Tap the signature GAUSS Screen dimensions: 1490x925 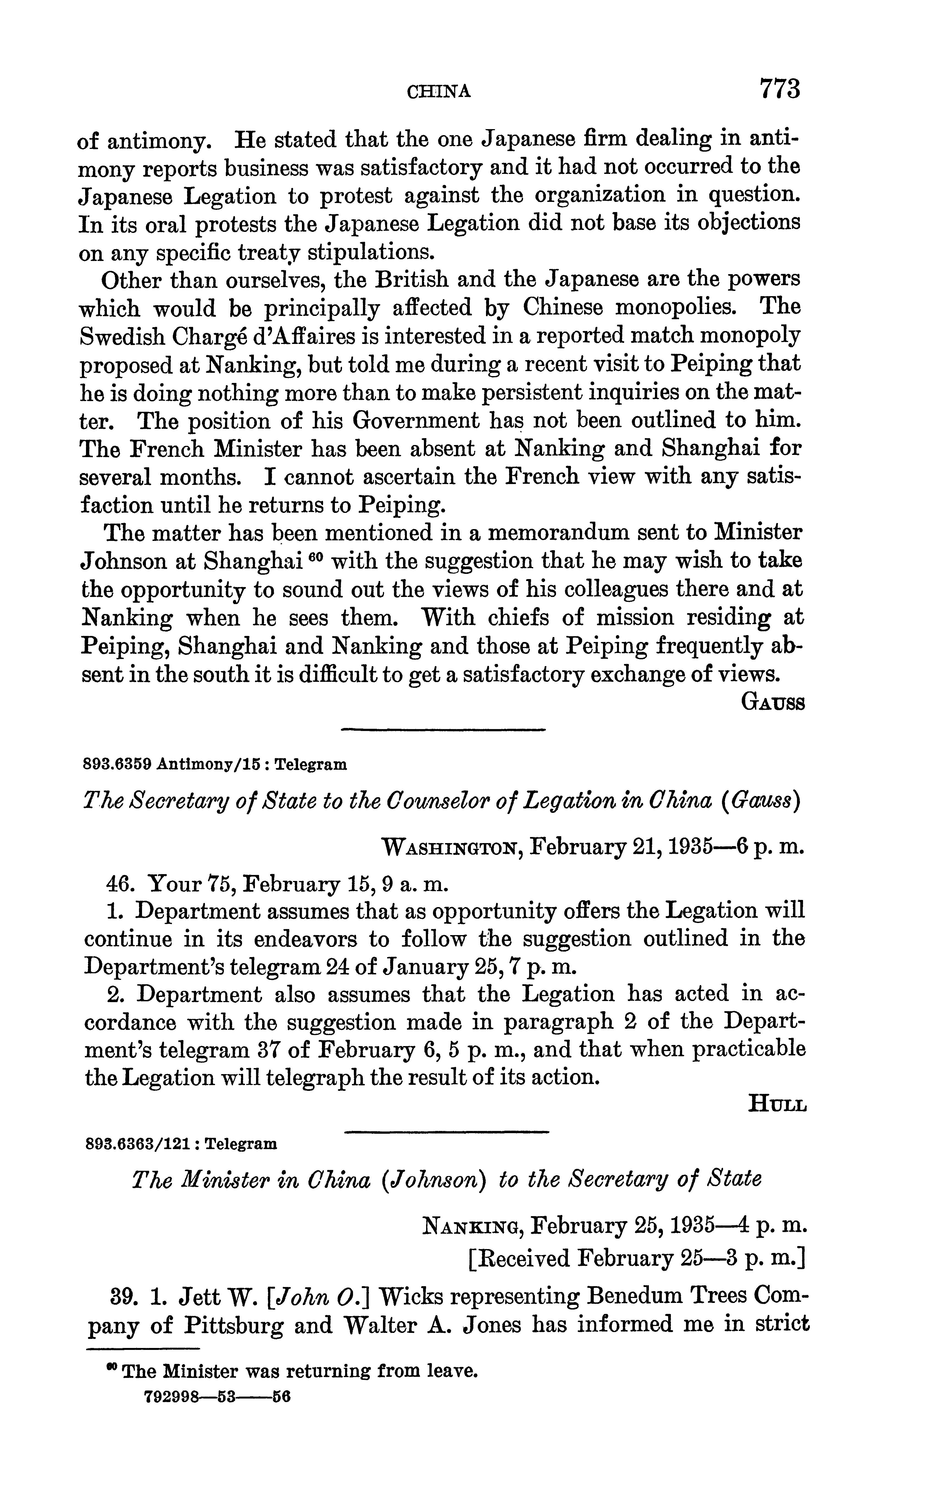[x=772, y=702]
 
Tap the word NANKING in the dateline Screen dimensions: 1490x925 [x=472, y=1226]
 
